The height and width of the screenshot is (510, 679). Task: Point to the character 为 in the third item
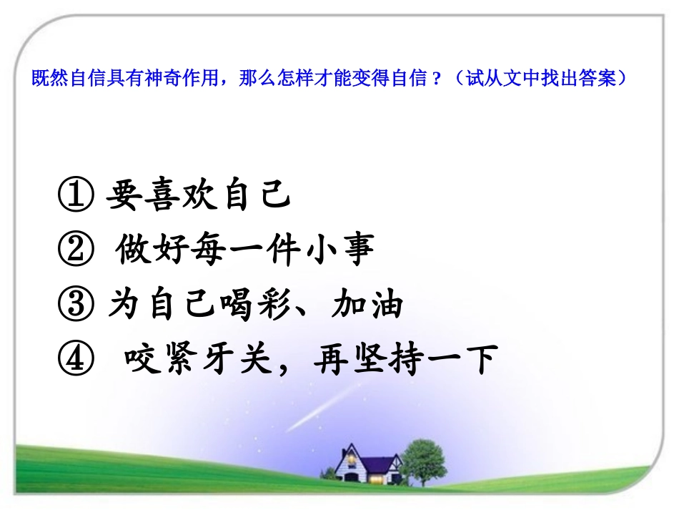click(x=122, y=306)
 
